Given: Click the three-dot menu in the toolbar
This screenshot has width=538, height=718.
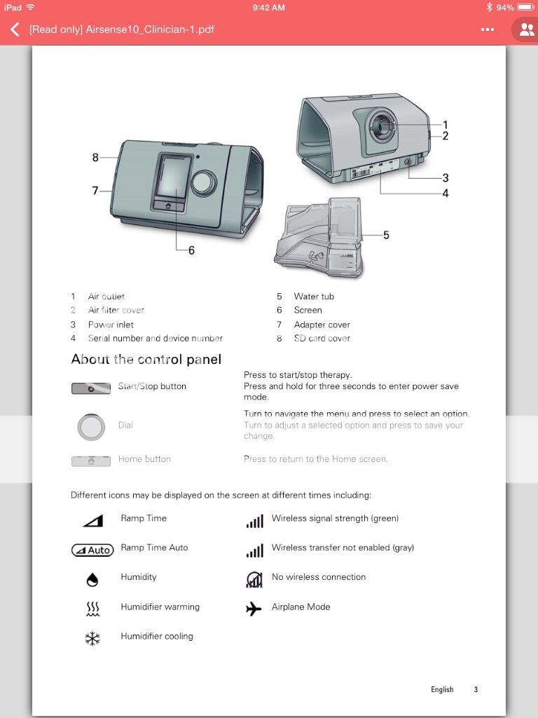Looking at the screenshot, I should click(488, 30).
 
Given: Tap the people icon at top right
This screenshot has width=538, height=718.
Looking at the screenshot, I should click(526, 30).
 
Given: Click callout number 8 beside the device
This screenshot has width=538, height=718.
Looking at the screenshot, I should click(95, 158).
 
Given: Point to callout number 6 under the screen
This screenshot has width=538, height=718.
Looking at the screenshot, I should click(191, 250).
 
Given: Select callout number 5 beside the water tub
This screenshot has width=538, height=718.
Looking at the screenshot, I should click(386, 235).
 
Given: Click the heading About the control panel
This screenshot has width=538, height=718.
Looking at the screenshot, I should click(146, 360).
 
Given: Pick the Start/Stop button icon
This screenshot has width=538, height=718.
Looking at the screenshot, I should click(91, 388).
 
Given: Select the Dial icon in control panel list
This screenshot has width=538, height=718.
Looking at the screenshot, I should click(91, 426).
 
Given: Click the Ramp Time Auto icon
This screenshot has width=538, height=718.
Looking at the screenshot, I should click(92, 550).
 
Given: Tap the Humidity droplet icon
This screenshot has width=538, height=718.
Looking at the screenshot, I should click(92, 579).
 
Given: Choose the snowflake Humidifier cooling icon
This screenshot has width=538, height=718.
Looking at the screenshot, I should click(92, 638).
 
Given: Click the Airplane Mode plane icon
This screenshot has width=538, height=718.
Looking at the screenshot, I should click(254, 609).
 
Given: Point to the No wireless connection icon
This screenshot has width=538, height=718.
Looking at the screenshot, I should click(254, 578).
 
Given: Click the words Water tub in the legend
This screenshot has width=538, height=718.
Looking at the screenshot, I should click(314, 297).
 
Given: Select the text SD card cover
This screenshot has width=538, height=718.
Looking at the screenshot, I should click(322, 338).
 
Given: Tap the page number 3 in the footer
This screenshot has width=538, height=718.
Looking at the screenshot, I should click(476, 689).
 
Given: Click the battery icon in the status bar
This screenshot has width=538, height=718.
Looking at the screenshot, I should click(526, 7).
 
